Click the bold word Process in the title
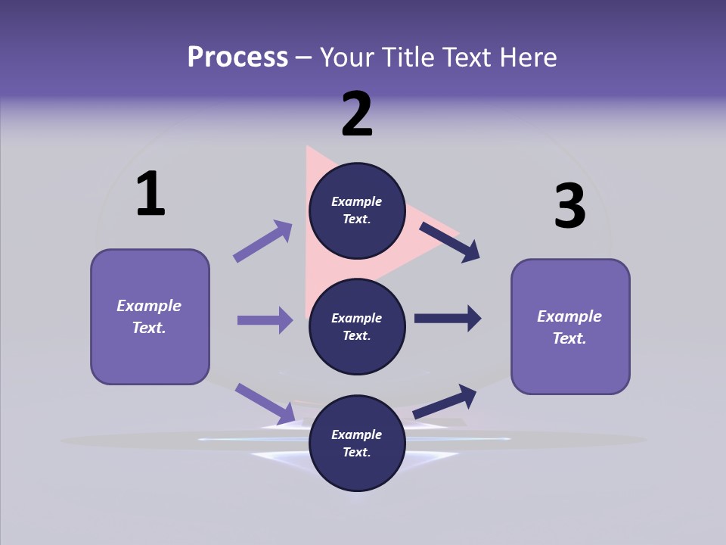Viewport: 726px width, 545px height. click(237, 58)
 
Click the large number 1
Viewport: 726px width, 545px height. click(150, 195)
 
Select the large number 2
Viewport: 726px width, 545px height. click(357, 114)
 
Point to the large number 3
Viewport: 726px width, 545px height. click(569, 206)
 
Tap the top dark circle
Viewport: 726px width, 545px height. click(357, 210)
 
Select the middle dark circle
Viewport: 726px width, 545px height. click(357, 326)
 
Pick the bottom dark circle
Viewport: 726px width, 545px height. click(357, 443)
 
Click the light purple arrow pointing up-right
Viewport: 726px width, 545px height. click(263, 241)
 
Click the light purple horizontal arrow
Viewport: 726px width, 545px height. click(265, 320)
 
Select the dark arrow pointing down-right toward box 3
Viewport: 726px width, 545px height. click(450, 242)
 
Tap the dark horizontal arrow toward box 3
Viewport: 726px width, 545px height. click(448, 319)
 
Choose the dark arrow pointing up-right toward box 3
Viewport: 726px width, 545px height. click(445, 401)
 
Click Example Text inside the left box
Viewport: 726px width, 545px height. click(149, 316)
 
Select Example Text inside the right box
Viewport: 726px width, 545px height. click(569, 327)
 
